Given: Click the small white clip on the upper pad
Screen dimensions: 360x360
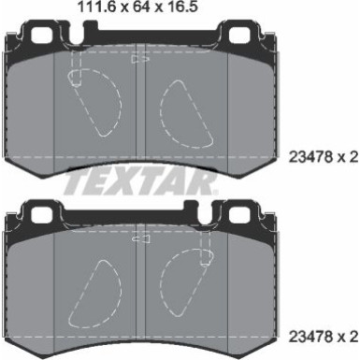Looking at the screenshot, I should click(x=143, y=59).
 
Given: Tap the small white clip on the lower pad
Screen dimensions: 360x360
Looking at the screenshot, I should click(x=143, y=239).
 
